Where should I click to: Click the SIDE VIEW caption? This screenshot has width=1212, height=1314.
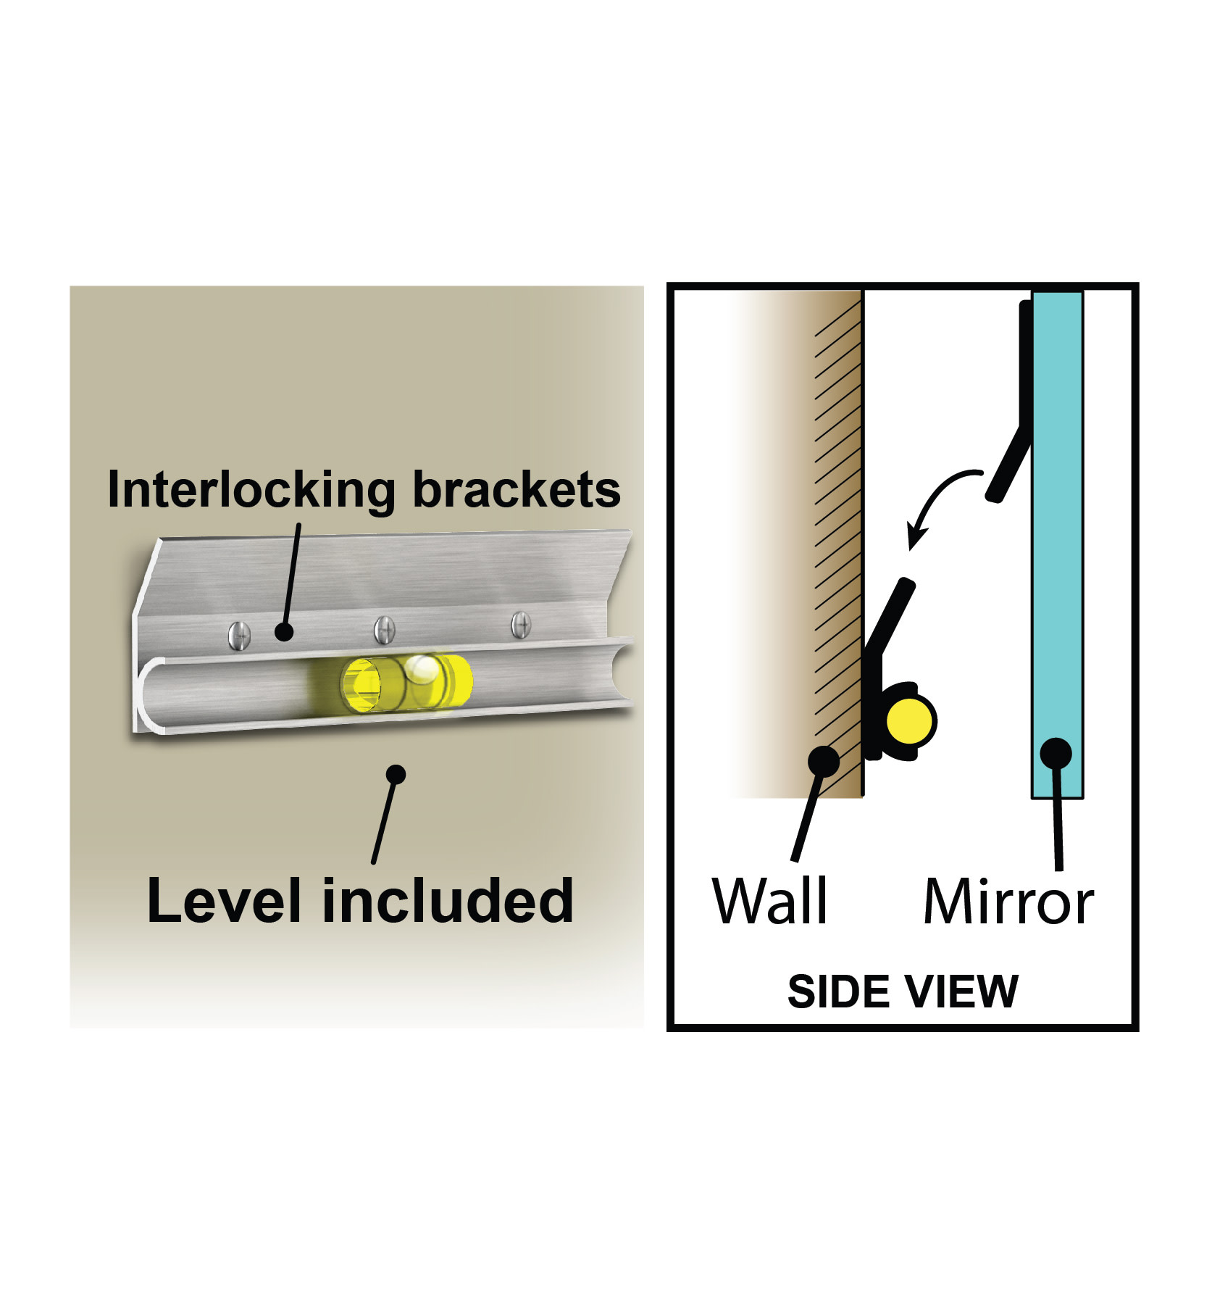click(903, 991)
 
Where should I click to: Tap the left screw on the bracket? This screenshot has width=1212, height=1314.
click(239, 636)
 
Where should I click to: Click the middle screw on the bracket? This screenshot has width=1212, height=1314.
click(384, 629)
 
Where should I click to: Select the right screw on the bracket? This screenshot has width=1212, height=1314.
click(520, 625)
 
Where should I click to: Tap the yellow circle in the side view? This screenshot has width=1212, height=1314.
click(910, 721)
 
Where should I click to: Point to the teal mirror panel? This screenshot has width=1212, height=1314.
click(1058, 544)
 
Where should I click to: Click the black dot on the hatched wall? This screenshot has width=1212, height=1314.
click(824, 762)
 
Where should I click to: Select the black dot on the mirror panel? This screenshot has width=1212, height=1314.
click(1056, 754)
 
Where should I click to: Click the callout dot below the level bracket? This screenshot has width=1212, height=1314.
click(396, 774)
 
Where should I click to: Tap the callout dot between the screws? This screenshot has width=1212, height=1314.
click(285, 632)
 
